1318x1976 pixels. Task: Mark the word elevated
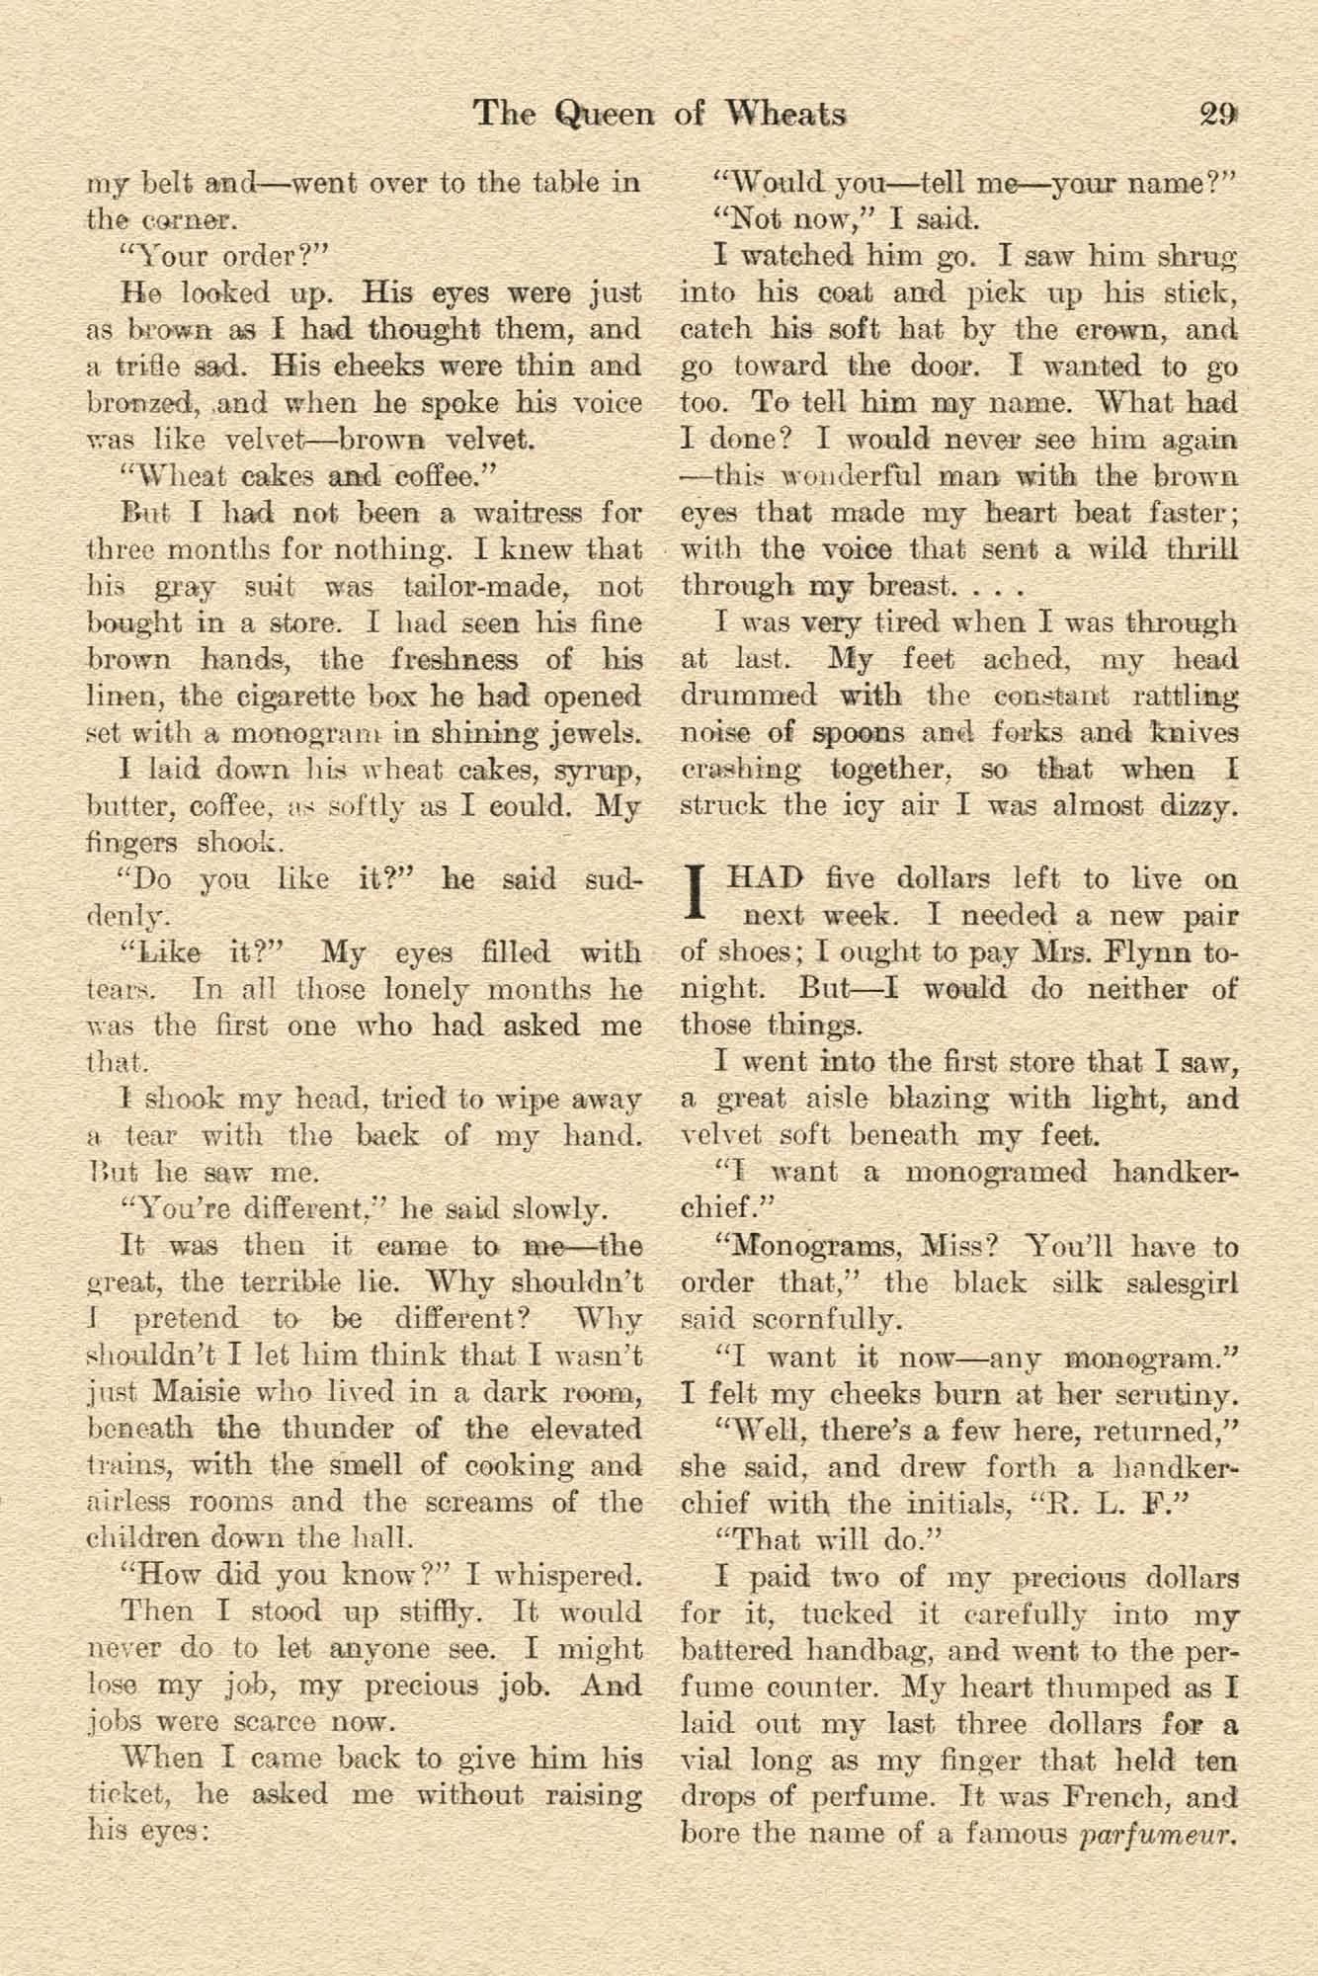click(574, 1429)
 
